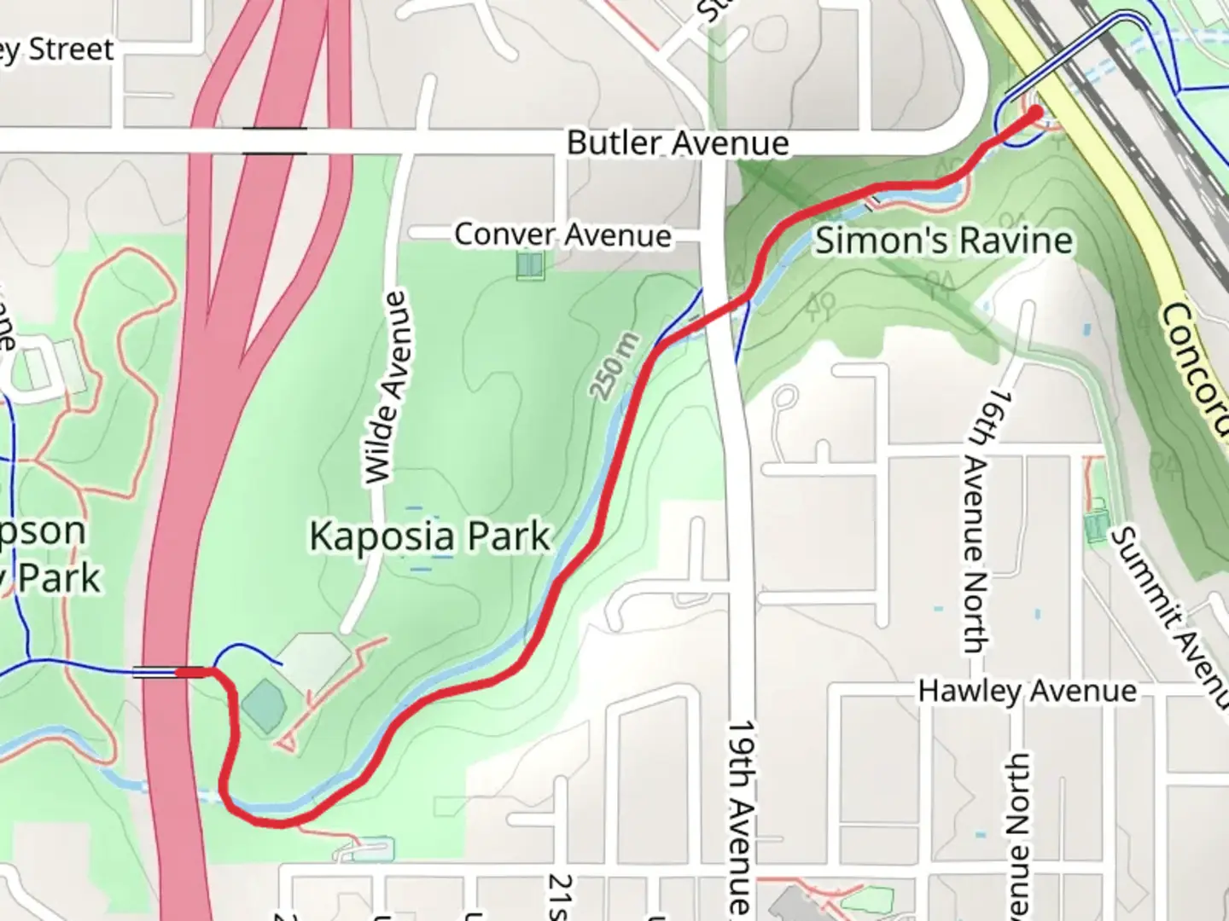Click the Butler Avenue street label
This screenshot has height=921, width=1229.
pos(678,142)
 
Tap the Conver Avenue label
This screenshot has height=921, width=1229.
pos(562,235)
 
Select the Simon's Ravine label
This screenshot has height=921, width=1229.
pos(943,240)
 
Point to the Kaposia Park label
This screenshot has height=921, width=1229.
pos(429,536)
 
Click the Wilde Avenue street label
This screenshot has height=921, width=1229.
pos(385,388)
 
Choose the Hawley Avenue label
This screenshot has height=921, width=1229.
pos(1028,690)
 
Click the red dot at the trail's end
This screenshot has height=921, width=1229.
pos(1036,111)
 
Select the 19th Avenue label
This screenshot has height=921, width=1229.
pos(741,819)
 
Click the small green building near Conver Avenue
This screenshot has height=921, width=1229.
pos(529,265)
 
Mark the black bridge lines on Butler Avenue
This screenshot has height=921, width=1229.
pos(274,142)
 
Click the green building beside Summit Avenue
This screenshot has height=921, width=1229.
pos(1096,525)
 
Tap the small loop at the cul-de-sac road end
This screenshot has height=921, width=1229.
pos(786,397)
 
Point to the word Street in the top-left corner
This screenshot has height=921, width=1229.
pos(71,49)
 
